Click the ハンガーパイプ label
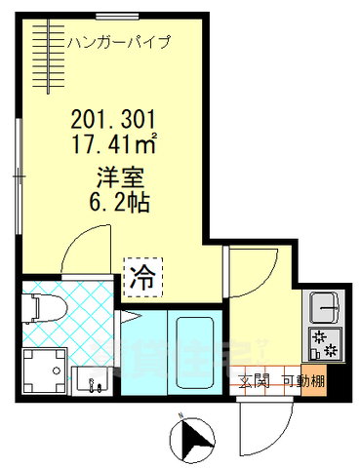(x=119, y=42)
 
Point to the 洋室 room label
(x=115, y=179)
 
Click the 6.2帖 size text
(x=115, y=204)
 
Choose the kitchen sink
(x=323, y=310)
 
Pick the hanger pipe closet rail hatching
(x=43, y=58)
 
